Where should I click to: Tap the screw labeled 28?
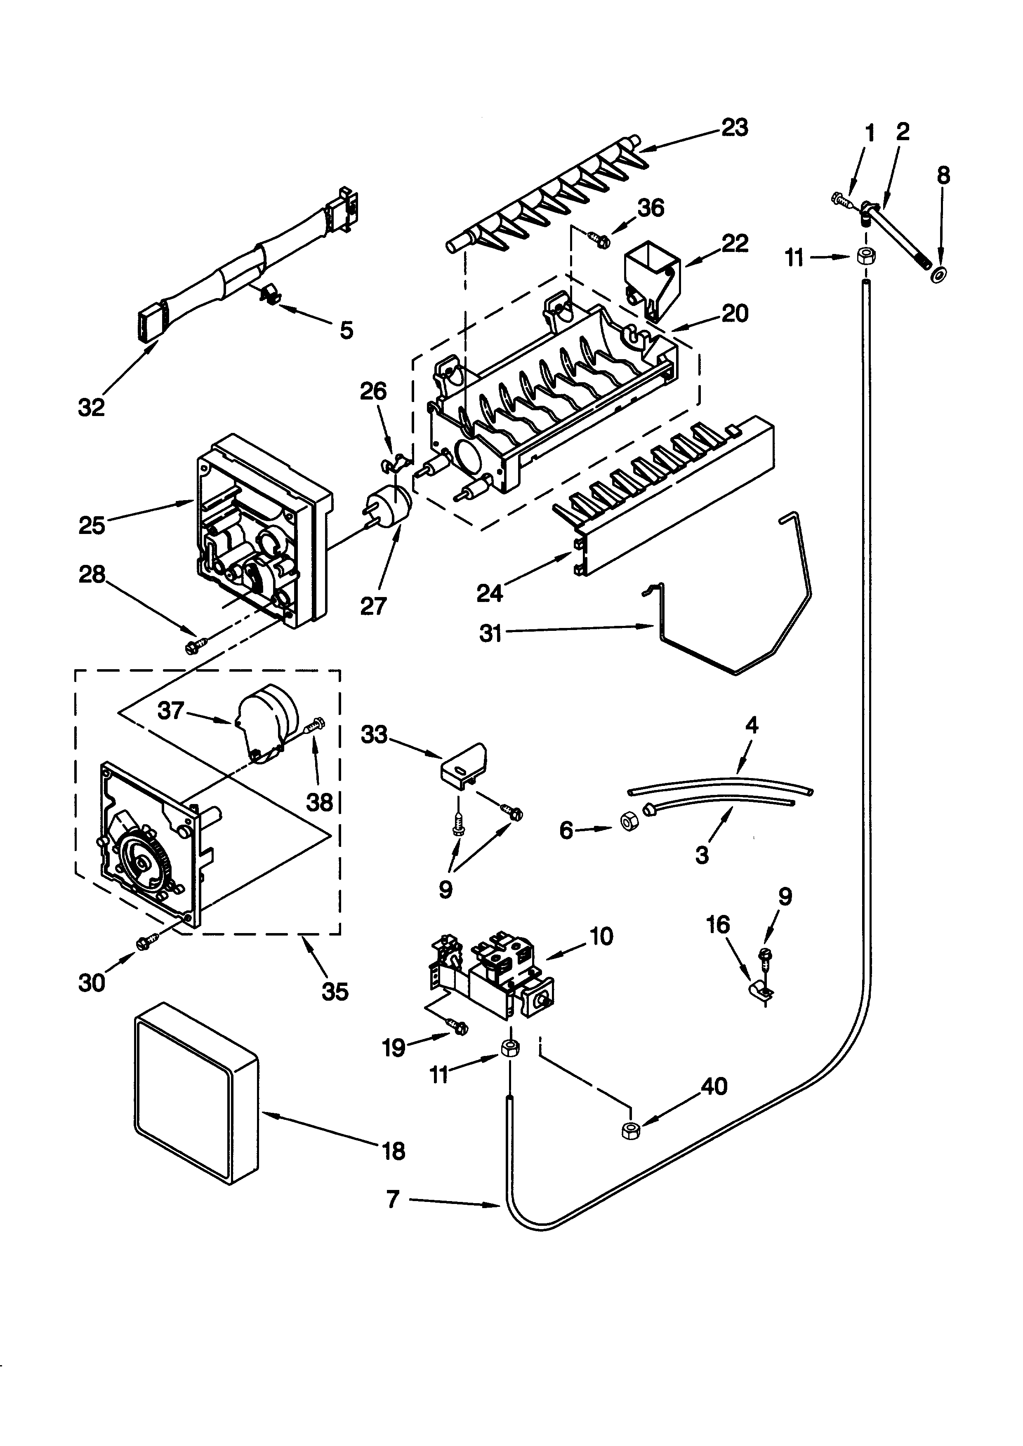pos(195,646)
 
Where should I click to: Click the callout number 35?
pos(335,992)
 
